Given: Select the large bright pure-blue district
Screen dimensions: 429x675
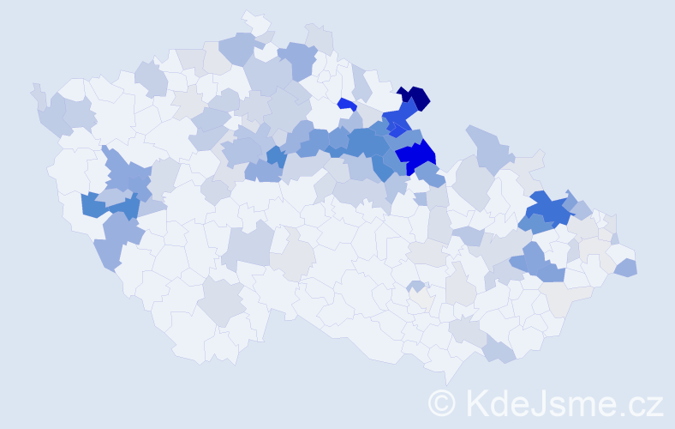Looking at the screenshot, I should tap(417, 156).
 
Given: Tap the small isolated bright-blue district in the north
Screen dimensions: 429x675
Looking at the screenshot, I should tap(345, 104).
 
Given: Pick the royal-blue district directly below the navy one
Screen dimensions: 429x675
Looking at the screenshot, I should tap(400, 115).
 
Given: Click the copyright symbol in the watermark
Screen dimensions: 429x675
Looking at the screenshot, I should tap(443, 402).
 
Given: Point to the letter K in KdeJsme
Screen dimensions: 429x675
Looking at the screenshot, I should tap(475, 402).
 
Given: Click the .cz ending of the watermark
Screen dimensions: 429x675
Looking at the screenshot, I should tap(640, 402).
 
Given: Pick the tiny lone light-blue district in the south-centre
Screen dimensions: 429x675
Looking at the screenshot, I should tap(415, 286).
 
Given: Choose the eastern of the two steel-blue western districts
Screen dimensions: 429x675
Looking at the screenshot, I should tap(124, 206).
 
